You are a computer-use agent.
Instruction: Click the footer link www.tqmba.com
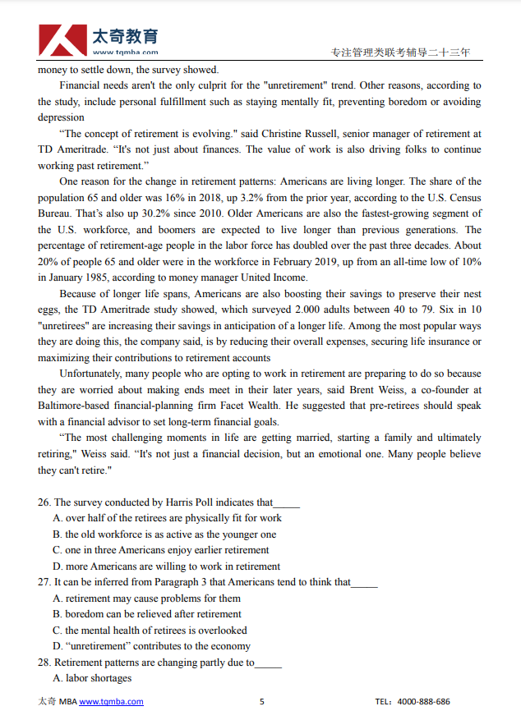pyautogui.click(x=111, y=702)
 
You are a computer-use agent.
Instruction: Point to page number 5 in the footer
pyautogui.click(x=261, y=702)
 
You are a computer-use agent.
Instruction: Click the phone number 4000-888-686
pyautogui.click(x=423, y=702)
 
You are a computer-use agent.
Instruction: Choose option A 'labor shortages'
pyautogui.click(x=92, y=678)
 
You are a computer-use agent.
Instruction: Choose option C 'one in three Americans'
pyautogui.click(x=160, y=550)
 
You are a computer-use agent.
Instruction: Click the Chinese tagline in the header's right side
pyautogui.click(x=400, y=53)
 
